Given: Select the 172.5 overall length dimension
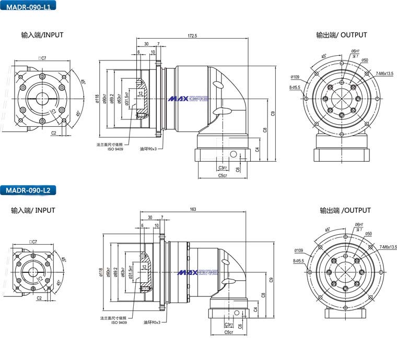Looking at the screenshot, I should (x=192, y=35).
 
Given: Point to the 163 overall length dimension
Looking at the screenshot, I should (x=193, y=209).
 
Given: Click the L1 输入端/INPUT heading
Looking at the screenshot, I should (x=42, y=35).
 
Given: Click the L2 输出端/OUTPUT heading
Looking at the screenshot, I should (x=345, y=210).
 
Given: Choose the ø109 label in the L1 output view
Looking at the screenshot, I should (x=295, y=76).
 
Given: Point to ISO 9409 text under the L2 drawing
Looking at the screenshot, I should (x=119, y=323).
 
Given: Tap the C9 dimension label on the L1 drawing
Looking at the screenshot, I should (x=273, y=113).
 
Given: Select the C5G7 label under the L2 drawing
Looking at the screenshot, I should (x=228, y=332).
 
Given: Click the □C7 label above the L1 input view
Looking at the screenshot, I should (x=42, y=58).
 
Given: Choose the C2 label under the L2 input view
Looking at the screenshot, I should (x=39, y=298).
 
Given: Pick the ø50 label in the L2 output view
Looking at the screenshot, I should (x=368, y=234).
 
